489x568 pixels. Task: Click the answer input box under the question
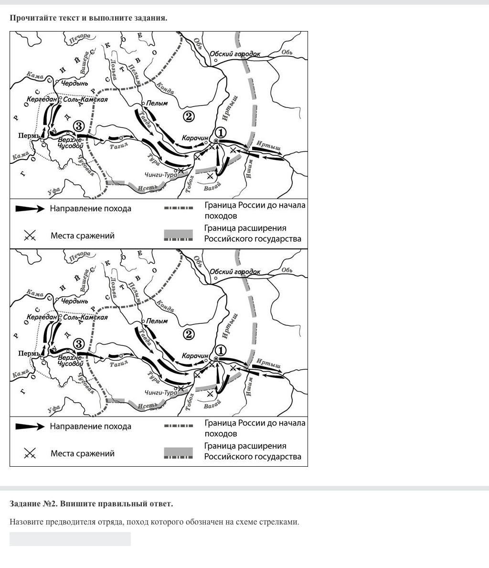click(70, 539)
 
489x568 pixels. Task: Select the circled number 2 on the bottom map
click(189, 334)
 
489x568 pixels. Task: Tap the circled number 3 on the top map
click(79, 126)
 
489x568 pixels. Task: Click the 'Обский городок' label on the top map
click(235, 54)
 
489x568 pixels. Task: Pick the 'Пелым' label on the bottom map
click(157, 321)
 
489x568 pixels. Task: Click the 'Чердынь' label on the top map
click(74, 83)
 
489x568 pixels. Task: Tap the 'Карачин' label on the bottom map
click(195, 356)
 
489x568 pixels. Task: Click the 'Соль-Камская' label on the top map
click(85, 99)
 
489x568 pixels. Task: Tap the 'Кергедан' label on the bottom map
click(42, 317)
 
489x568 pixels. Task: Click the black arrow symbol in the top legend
click(30, 209)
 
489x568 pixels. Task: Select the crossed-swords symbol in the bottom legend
click(30, 453)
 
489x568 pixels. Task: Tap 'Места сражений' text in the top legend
click(82, 236)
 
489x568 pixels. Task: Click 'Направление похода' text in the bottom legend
click(90, 427)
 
